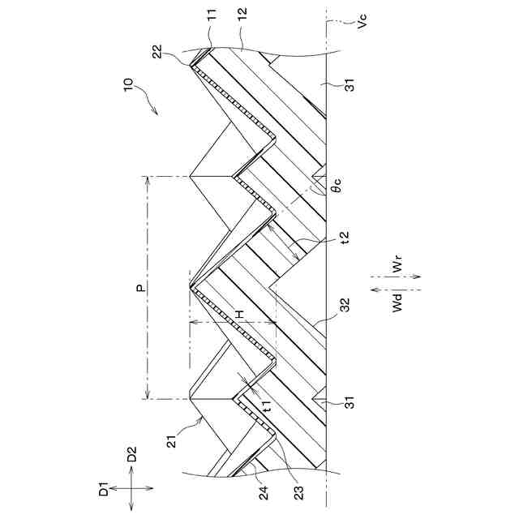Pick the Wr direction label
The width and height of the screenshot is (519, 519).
[x=395, y=265]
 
